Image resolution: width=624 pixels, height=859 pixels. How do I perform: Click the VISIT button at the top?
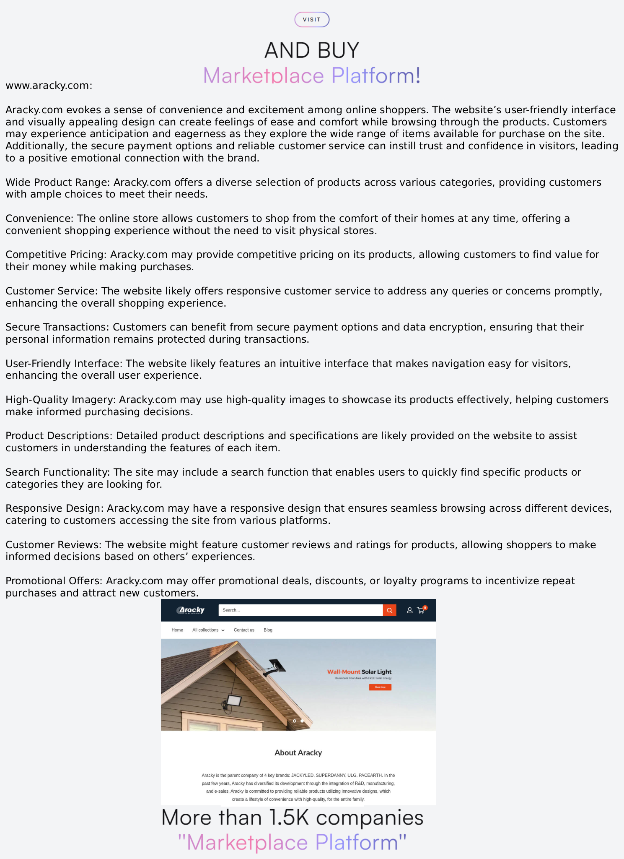click(312, 20)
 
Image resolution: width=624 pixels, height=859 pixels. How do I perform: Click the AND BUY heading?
click(312, 50)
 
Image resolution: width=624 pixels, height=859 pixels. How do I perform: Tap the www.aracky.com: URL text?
click(49, 86)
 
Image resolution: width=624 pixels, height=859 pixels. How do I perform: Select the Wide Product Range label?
click(57, 182)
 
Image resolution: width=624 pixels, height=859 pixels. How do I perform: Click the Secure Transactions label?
click(57, 327)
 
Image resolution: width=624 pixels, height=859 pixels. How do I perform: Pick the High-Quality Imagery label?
click(61, 400)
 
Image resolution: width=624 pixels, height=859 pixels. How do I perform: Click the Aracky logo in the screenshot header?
click(191, 610)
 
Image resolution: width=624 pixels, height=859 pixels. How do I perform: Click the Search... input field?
click(300, 610)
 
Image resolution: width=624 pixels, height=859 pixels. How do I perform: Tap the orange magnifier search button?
click(389, 610)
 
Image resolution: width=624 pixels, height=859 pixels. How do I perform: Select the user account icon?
click(410, 610)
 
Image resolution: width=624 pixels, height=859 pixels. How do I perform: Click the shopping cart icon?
click(421, 610)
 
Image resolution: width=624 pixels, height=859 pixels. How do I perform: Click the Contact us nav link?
click(244, 630)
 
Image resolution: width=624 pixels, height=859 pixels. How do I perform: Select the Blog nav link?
click(268, 630)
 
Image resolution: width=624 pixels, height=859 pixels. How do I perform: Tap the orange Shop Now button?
click(380, 687)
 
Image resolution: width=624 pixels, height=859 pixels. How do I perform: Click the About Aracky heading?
click(298, 752)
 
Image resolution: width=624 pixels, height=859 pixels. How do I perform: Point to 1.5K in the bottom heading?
click(289, 817)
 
